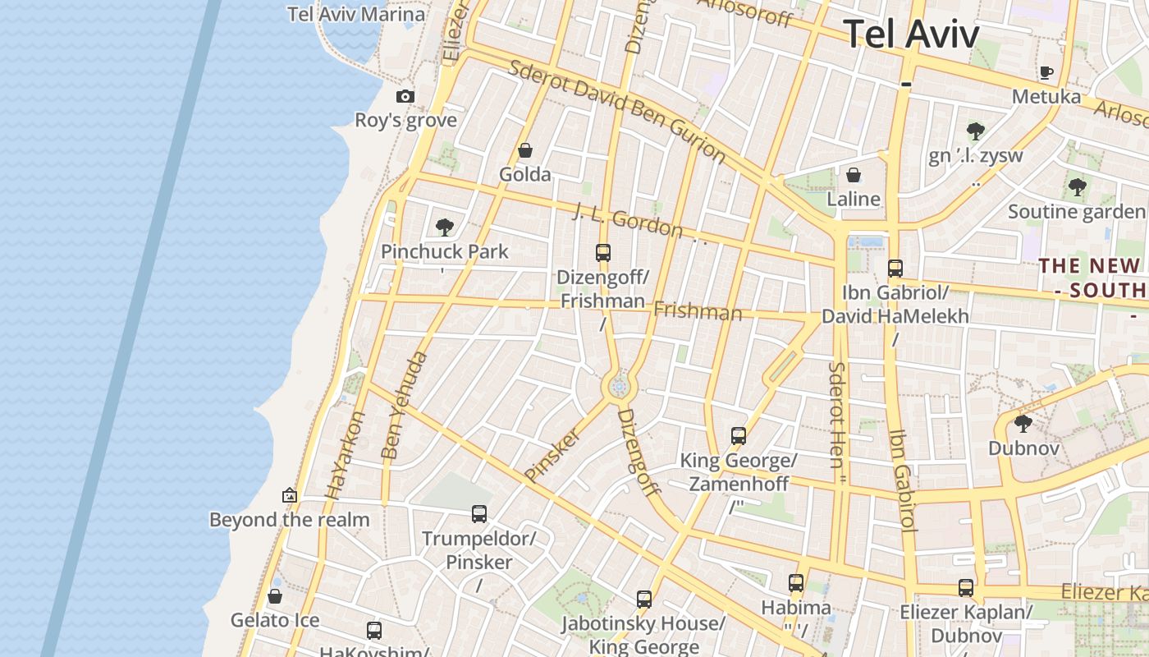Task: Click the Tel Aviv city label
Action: [x=911, y=34]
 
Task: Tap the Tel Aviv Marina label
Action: [x=356, y=14]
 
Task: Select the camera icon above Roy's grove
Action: [x=405, y=96]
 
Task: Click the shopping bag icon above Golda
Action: [x=525, y=150]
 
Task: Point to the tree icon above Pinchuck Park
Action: [x=445, y=227]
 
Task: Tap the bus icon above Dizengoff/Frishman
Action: [x=603, y=252]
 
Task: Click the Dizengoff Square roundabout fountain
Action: [x=620, y=385]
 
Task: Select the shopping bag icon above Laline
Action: [x=854, y=175]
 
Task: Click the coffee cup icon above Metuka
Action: [x=1046, y=72]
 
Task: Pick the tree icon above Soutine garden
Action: [x=1077, y=187]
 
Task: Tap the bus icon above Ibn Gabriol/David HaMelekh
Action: [x=895, y=268]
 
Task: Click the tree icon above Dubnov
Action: [x=1023, y=424]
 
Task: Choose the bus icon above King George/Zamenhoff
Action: [x=739, y=435]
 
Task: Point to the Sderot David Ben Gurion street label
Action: [x=616, y=110]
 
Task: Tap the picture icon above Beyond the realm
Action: [x=289, y=495]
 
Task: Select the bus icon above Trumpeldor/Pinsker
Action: [x=479, y=514]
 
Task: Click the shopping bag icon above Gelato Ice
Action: [x=275, y=595]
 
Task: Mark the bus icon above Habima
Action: [x=796, y=583]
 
